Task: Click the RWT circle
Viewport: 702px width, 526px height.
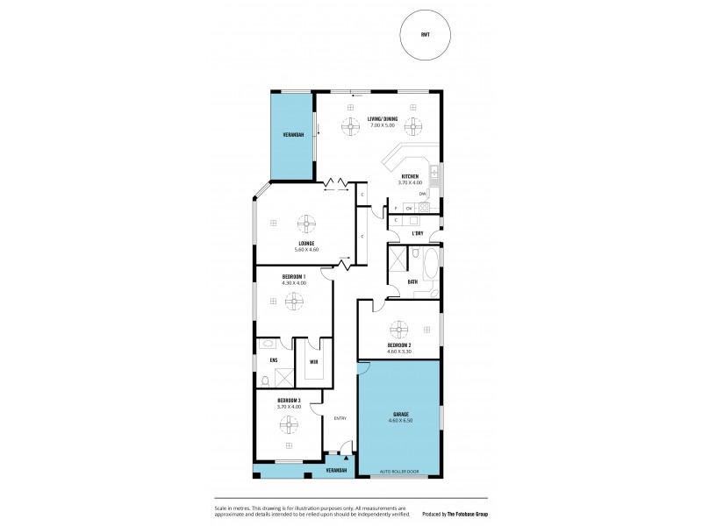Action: [x=425, y=38]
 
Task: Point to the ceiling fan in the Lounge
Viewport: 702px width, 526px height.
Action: [x=307, y=222]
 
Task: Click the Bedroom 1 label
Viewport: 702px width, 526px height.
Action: [x=294, y=276]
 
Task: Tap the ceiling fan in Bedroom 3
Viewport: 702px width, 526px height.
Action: [x=289, y=425]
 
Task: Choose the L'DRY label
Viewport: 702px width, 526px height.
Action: [x=419, y=233]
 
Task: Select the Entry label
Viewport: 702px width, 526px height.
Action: [x=340, y=418]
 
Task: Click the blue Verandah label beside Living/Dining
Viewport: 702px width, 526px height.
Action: [x=292, y=136]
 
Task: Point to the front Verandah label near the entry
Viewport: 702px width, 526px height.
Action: [x=336, y=472]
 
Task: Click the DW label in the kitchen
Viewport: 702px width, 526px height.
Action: [x=422, y=194]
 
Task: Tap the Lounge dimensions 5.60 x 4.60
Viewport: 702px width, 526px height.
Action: [x=306, y=249]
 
